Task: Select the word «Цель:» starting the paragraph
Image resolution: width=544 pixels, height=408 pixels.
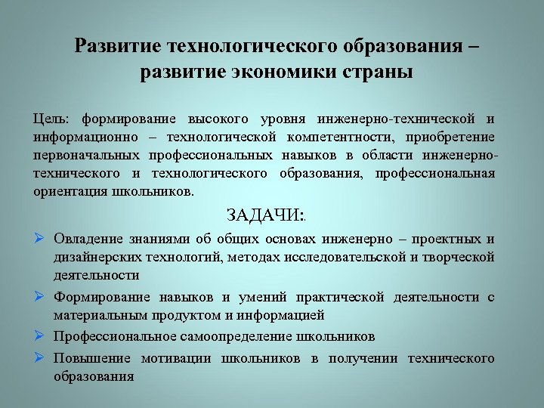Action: click(x=50, y=119)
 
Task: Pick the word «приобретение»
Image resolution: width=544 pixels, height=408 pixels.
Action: click(x=451, y=137)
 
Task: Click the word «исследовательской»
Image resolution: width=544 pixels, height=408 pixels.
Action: click(x=359, y=257)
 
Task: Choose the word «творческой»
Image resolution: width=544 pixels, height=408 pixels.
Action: click(x=462, y=257)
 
